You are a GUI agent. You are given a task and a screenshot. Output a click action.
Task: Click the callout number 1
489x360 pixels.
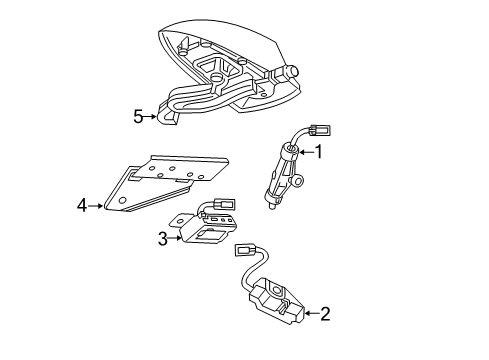click(x=319, y=152)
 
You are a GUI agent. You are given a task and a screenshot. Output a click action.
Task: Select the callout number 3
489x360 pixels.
click(x=163, y=237)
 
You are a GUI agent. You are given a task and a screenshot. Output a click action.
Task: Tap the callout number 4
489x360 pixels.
click(x=82, y=206)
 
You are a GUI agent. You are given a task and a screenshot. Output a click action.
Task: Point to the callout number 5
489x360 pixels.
click(x=139, y=116)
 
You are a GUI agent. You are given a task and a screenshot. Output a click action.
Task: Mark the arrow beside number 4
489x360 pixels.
click(x=98, y=206)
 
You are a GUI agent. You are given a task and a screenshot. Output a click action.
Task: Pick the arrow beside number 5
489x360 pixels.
click(x=154, y=116)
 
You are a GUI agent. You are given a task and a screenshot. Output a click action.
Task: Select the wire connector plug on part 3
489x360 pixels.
click(x=223, y=211)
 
